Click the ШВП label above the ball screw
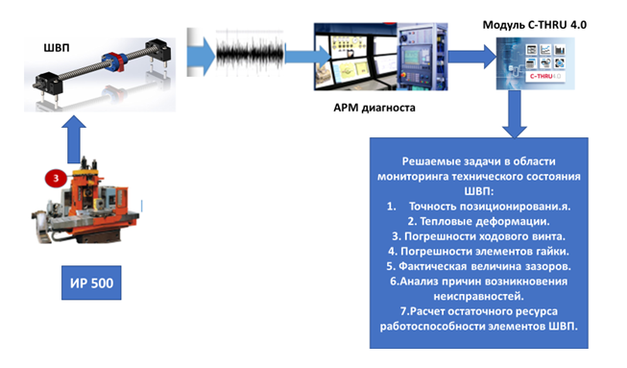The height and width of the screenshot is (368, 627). pos(57,48)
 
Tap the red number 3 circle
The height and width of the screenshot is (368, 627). pos(56,179)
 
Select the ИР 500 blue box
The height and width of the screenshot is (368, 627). pos(91,282)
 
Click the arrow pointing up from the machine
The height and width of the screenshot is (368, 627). pos(74,139)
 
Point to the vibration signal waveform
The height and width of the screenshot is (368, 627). pos(251,53)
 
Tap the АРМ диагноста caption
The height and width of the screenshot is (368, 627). pos(374,108)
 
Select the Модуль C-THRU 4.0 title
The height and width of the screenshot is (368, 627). pos(535,25)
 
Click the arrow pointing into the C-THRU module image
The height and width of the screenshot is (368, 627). pos(472,57)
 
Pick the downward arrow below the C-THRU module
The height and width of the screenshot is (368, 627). pos(515,114)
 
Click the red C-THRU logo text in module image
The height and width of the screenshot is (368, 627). pos(542,76)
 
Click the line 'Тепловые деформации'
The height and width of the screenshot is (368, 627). pos(478,221)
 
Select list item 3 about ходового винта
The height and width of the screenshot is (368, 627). pos(478,236)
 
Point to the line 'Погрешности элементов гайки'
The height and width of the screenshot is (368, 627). pos(478,251)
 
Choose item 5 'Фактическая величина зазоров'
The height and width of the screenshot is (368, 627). pos(478,266)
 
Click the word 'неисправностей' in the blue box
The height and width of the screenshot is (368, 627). pos(478,296)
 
